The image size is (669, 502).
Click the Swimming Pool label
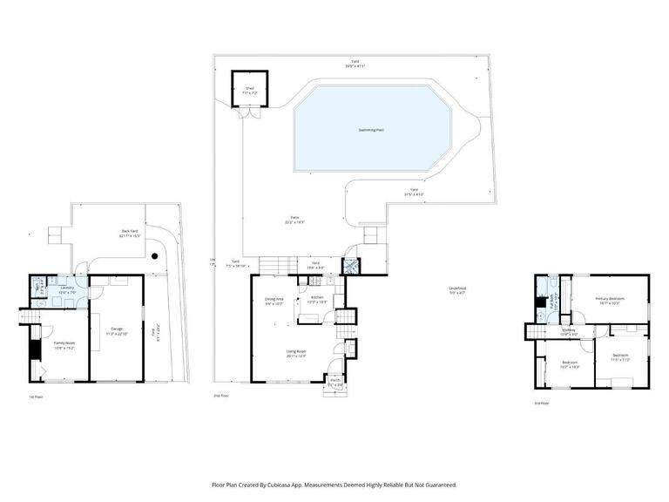371,130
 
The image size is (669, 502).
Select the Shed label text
249,88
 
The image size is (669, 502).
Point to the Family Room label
64,344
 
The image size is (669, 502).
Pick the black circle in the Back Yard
153,256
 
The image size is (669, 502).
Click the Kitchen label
317,299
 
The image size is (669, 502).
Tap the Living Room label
296,353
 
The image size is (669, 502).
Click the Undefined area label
457,290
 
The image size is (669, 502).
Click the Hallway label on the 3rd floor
569,331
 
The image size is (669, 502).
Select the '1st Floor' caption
36,397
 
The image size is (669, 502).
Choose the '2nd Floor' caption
221,396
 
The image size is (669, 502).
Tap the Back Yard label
130,233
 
